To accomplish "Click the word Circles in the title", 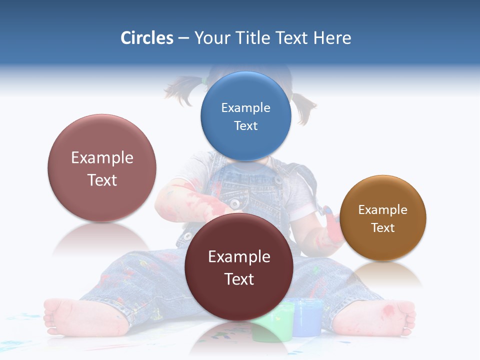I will coord(147,38).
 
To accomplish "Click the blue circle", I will coord(245,116).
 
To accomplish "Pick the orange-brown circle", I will coord(383,218).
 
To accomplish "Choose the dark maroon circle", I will coord(239,266).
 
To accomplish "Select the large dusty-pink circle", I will coord(102,168).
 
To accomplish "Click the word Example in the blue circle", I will coord(245,107).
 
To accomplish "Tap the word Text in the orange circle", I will coord(383,228).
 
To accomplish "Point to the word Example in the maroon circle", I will coord(239,256).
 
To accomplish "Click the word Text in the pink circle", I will coord(102,180).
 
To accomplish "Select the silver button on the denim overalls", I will coord(234,203).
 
